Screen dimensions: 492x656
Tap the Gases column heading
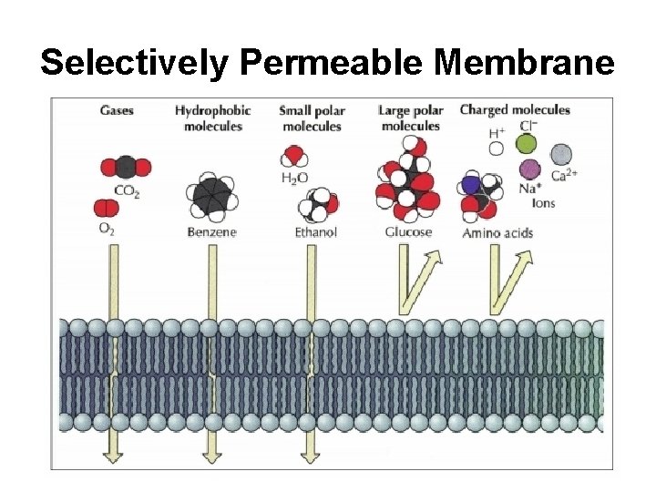[117, 111]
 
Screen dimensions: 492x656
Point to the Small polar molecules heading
[311, 118]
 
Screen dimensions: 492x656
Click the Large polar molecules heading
[410, 118]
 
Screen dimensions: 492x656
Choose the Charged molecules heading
[515, 110]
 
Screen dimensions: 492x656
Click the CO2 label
[127, 190]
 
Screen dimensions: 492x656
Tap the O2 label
[108, 229]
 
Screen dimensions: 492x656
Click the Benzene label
[211, 232]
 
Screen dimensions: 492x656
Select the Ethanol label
[315, 232]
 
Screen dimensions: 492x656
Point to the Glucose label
[408, 232]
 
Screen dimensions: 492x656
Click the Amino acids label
[497, 233]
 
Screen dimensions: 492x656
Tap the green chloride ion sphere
[526, 144]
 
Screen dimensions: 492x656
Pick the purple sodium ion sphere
[528, 169]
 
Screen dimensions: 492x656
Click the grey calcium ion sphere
[562, 154]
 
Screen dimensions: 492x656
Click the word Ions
[543, 202]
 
